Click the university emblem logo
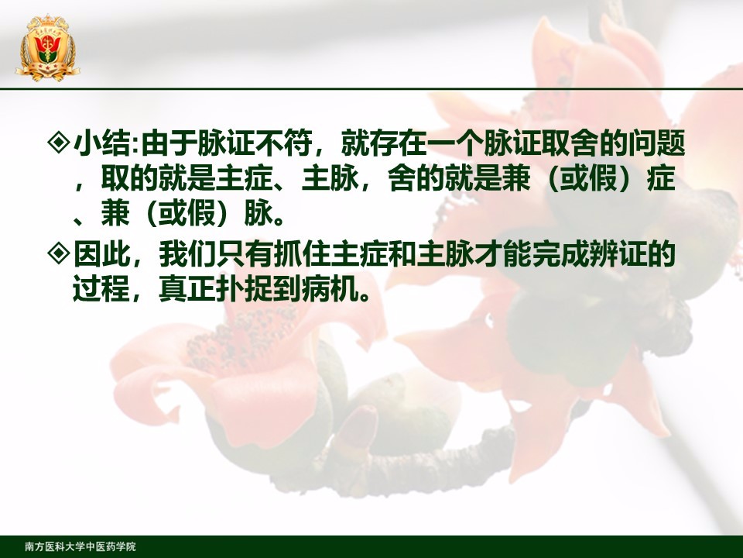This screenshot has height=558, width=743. (47, 47)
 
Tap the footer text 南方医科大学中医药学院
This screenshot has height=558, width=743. (80, 546)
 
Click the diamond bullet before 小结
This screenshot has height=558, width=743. (59, 143)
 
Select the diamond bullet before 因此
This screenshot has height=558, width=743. (59, 254)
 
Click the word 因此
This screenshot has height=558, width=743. (101, 254)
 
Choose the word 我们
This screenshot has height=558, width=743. (187, 254)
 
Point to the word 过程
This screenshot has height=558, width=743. (101, 288)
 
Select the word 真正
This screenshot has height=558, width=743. (187, 288)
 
